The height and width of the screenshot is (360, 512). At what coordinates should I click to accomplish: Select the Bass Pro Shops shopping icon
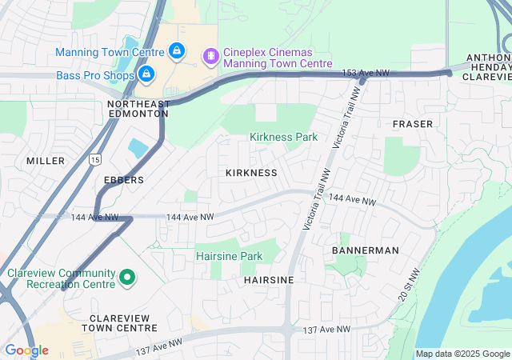point(146,74)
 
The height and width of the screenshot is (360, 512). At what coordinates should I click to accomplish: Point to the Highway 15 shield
point(95,159)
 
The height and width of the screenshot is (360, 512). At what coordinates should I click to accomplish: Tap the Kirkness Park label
point(283,137)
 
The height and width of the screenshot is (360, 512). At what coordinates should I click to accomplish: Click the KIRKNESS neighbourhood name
point(251,173)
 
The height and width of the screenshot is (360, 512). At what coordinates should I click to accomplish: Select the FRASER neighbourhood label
point(413,124)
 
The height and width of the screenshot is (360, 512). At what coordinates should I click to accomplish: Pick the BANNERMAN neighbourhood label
point(365,250)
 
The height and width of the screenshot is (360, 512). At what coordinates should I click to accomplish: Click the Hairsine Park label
point(230,256)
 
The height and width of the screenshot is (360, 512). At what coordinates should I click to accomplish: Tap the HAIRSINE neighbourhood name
point(269,280)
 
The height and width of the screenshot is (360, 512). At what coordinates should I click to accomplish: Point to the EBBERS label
point(124,180)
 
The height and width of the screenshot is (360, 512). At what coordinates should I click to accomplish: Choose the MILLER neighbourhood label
point(45,161)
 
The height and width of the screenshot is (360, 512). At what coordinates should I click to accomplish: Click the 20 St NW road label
point(406,284)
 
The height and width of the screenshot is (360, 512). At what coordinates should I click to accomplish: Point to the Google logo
point(26,350)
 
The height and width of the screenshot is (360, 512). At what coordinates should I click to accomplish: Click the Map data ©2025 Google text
point(462,354)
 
